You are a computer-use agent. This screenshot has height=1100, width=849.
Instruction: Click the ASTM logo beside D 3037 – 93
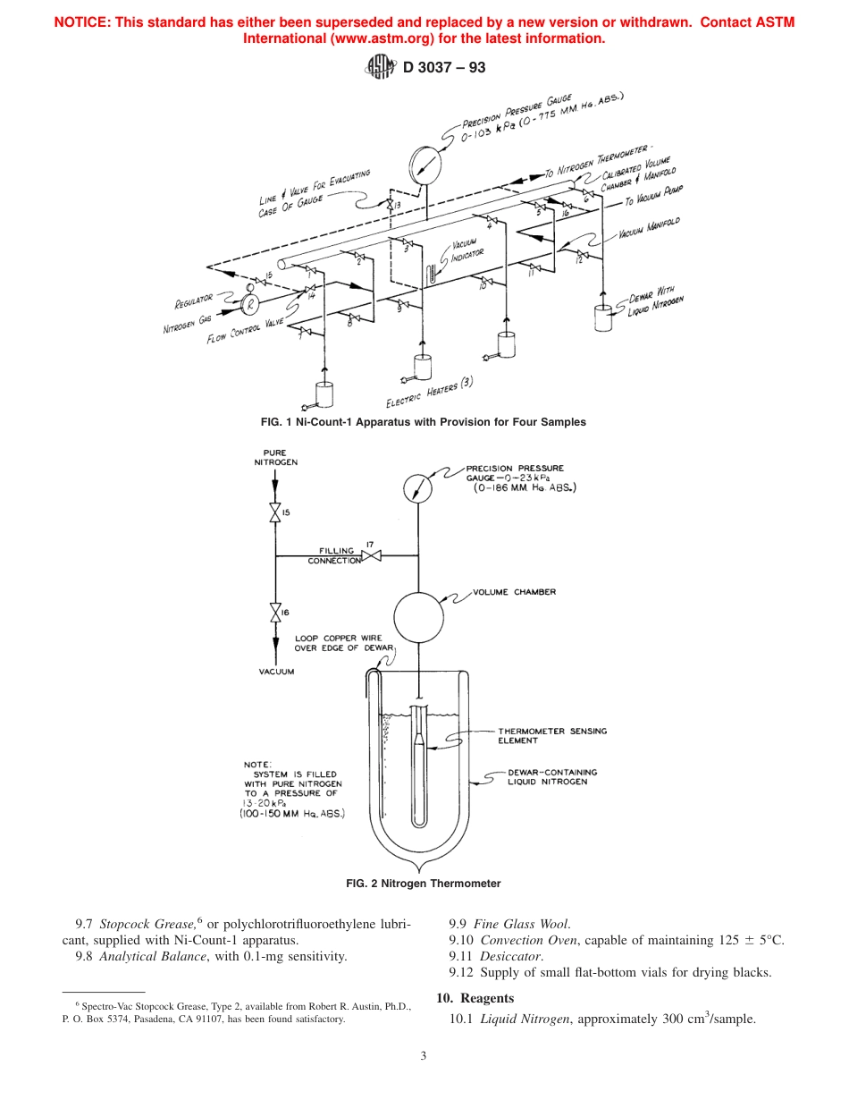(380, 66)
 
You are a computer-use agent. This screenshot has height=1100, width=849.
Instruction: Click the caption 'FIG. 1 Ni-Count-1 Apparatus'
(424, 421)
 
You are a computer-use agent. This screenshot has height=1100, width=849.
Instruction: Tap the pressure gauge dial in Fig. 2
(417, 487)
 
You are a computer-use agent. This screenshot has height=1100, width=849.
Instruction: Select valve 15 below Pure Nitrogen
(274, 513)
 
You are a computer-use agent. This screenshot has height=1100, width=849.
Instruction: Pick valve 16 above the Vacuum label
(274, 613)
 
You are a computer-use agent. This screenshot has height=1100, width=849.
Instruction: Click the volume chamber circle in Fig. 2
(418, 613)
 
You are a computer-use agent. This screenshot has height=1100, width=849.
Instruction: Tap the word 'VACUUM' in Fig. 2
(276, 671)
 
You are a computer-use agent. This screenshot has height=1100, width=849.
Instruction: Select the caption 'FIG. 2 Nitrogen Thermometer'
(424, 883)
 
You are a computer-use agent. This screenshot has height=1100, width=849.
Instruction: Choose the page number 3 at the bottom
(424, 1056)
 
